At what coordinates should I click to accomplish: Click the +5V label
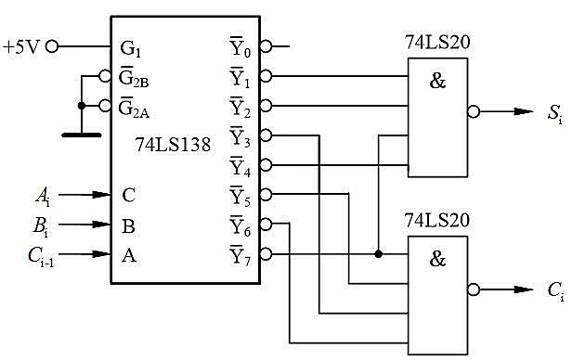point(20,47)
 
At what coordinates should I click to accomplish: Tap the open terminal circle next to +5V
point(52,46)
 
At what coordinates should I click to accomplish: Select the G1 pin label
point(130,49)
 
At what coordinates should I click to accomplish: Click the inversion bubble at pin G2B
point(105,76)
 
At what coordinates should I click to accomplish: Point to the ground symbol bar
point(82,135)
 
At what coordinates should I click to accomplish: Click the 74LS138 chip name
point(173,145)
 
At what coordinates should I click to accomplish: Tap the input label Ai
point(43,197)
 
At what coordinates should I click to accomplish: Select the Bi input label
point(41,226)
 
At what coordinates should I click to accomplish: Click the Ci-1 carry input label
point(41,256)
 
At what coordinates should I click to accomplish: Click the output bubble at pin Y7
point(266,254)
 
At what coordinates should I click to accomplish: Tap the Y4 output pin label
point(240,166)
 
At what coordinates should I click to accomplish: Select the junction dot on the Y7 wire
point(378,254)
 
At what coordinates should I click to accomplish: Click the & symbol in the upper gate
point(437,81)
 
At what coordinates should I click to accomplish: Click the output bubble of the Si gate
point(474,112)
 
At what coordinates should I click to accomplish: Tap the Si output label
point(555,114)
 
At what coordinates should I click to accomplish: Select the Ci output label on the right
point(556,291)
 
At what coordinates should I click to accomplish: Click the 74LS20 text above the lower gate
point(437,221)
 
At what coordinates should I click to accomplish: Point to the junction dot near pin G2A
point(82,106)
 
